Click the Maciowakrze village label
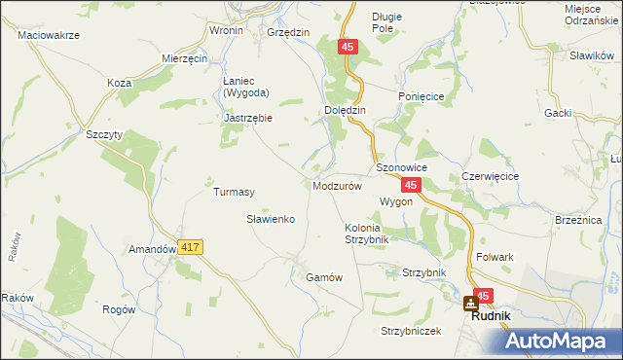coord(48,35)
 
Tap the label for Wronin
coord(226,31)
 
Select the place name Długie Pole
coord(387,22)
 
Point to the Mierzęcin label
coord(185,58)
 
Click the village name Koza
coord(120,83)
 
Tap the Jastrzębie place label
coord(248,118)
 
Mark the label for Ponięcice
coord(421,96)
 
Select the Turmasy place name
coord(234,192)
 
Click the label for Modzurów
coord(338,185)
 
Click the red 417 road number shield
coord(190,248)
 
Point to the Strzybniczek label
coord(412,331)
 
